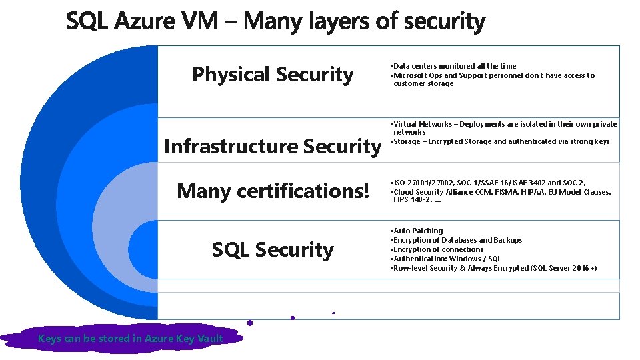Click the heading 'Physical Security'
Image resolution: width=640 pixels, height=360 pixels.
[x=273, y=75]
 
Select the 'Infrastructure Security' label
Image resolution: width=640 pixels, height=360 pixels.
[x=271, y=146]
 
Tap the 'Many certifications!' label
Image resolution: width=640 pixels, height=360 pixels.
[x=273, y=191]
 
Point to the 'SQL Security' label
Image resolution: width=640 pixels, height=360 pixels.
[x=273, y=250]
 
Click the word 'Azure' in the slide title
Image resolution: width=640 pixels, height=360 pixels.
[x=146, y=22]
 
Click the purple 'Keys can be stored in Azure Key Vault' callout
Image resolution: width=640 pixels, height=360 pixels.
[x=131, y=339]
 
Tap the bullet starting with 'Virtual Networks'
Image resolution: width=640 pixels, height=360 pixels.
[x=505, y=124]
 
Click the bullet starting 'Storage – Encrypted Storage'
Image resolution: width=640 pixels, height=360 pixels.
[x=501, y=141]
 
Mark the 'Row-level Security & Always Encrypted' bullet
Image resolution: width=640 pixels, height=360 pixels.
[x=495, y=268]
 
